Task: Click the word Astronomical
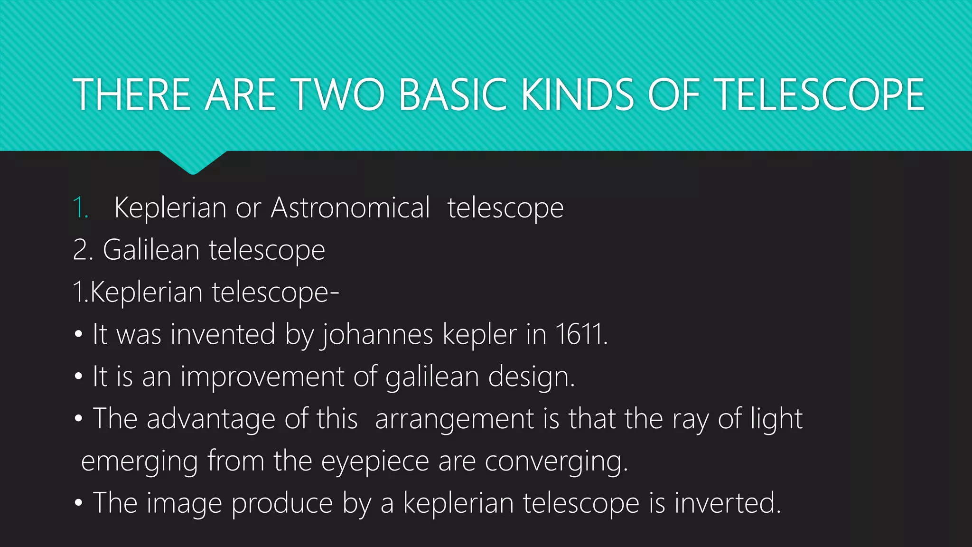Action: tap(350, 208)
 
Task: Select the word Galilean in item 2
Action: tap(151, 250)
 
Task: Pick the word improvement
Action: tap(262, 377)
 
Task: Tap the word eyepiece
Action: tap(375, 462)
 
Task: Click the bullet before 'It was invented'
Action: tap(78, 334)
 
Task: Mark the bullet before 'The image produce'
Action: tap(78, 503)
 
